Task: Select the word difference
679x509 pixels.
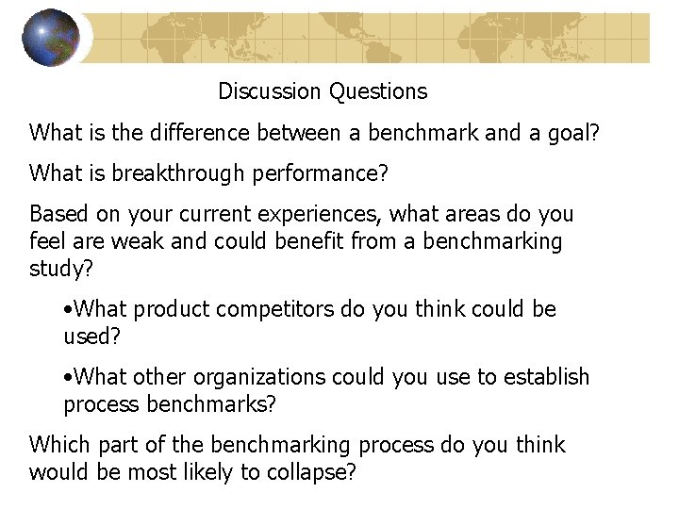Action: pyautogui.click(x=197, y=133)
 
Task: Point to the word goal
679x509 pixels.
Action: pyautogui.click(x=573, y=133)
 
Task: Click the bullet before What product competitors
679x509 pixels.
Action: pyautogui.click(x=68, y=309)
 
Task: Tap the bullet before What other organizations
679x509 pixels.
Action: pyautogui.click(x=68, y=377)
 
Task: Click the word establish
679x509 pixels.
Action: pyautogui.click(x=547, y=377)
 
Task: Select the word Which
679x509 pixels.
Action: pyautogui.click(x=58, y=445)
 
